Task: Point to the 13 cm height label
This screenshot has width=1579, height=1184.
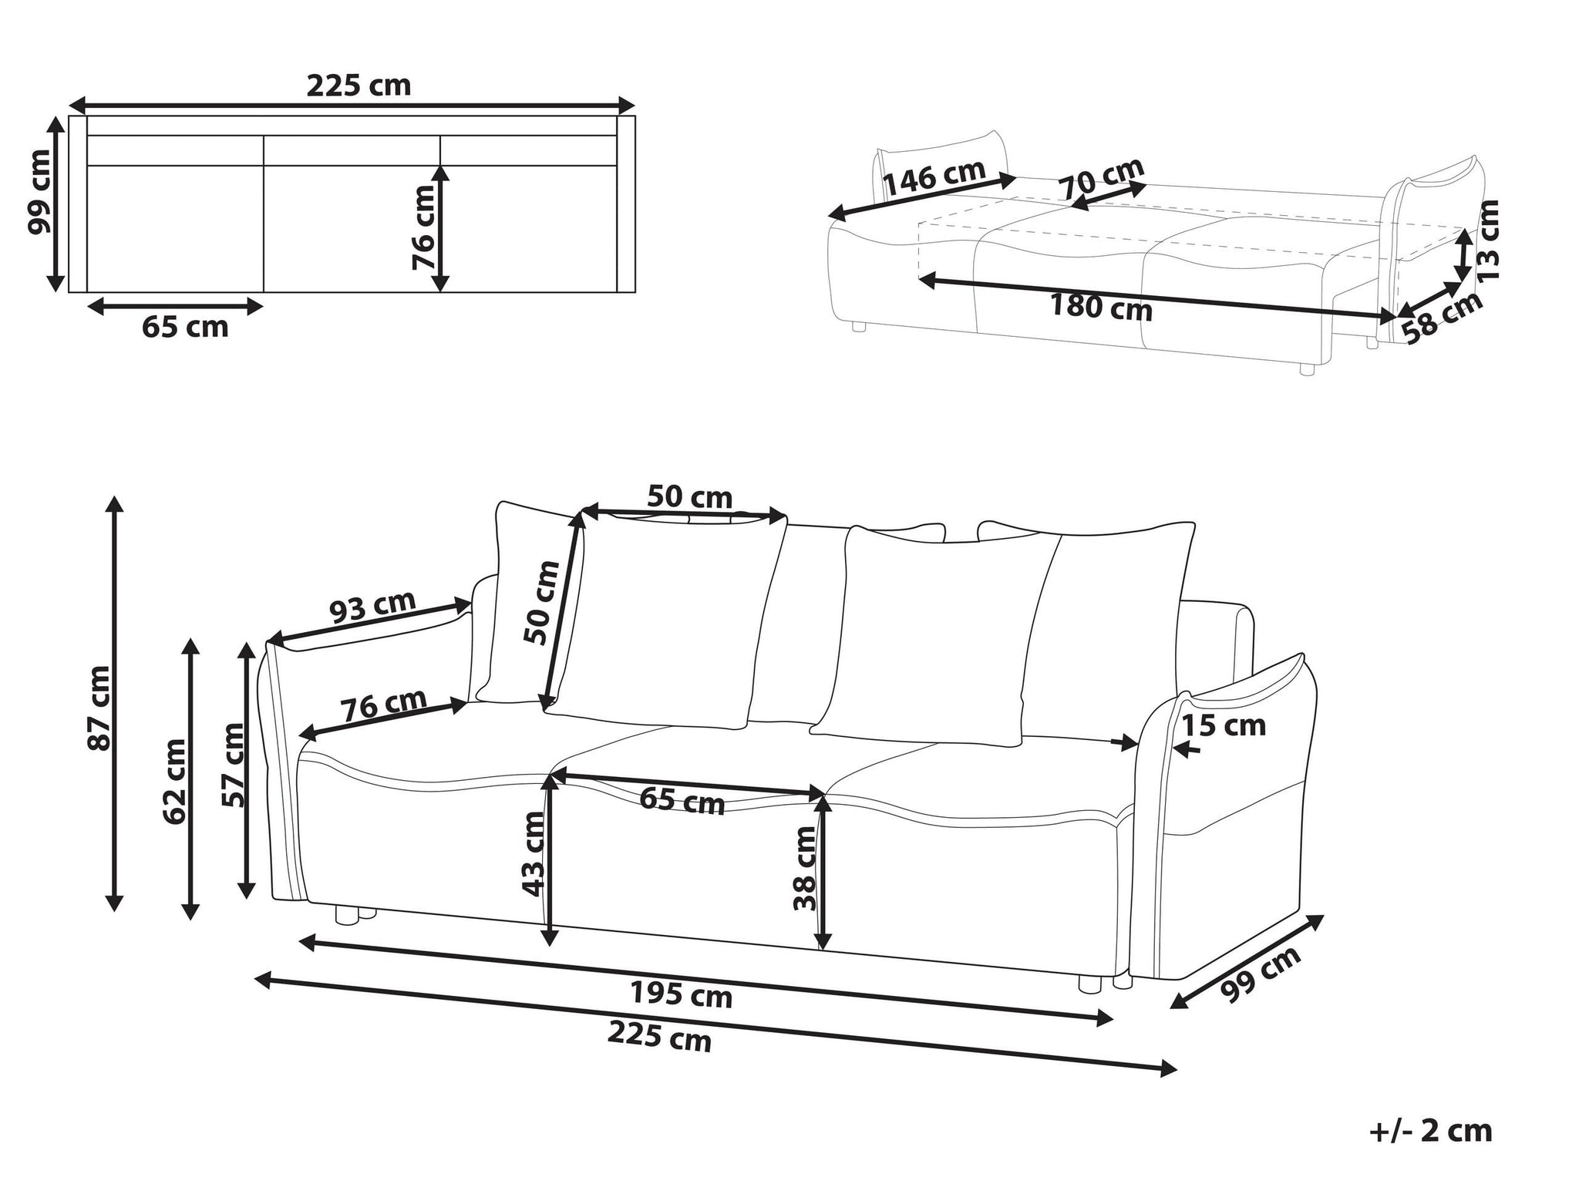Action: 1487,239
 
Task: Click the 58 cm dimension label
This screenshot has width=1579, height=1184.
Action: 1442,317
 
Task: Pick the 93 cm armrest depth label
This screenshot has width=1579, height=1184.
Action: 374,607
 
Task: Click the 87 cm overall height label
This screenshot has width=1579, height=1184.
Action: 100,708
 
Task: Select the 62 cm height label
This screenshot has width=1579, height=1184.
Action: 175,781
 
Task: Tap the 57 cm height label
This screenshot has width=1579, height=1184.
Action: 233,765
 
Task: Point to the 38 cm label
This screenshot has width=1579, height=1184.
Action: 805,869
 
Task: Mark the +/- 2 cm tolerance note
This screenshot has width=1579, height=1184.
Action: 1430,1131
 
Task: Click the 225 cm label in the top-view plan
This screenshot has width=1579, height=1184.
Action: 359,86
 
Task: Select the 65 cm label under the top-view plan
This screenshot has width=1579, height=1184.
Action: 185,327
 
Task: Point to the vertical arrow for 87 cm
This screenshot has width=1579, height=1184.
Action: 115,704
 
